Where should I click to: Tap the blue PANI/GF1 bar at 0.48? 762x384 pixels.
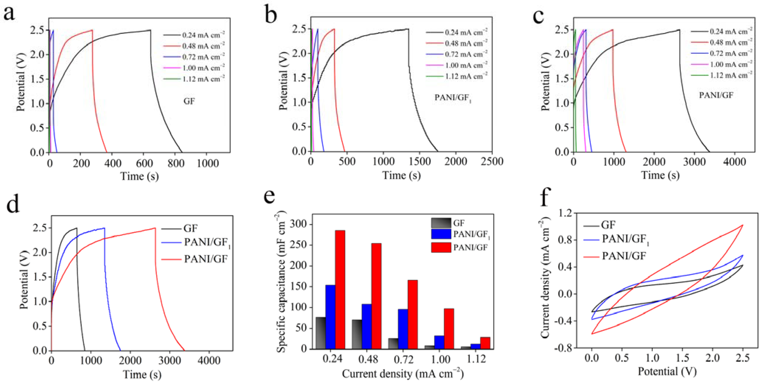coord(367,326)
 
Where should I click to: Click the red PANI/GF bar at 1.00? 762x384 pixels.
coord(449,329)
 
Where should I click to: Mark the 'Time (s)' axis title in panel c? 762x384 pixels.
coord(660,175)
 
